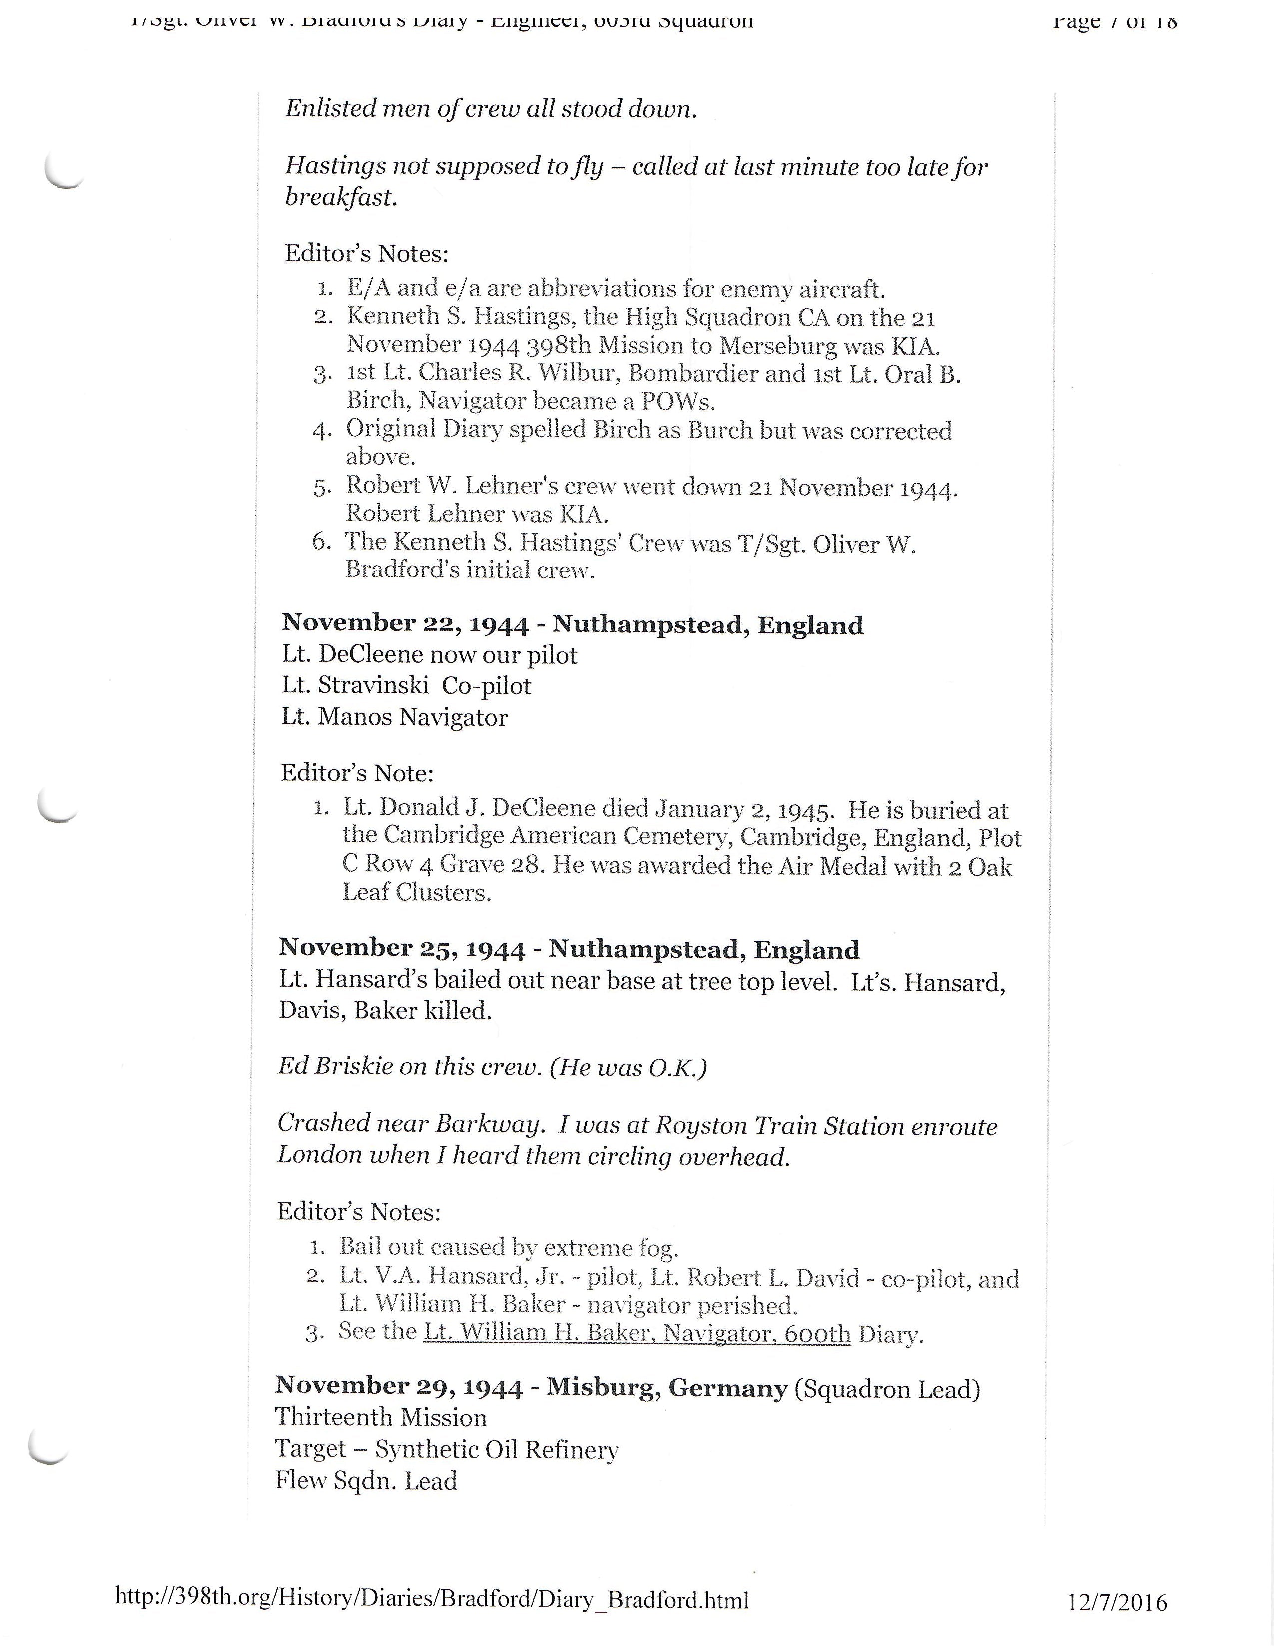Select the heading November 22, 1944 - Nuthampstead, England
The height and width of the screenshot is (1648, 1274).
(572, 624)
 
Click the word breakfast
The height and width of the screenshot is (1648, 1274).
(340, 198)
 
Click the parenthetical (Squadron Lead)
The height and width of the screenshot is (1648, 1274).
(887, 1388)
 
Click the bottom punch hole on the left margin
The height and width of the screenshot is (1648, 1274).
(48, 1447)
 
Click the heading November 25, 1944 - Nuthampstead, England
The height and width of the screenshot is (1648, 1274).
(569, 948)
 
